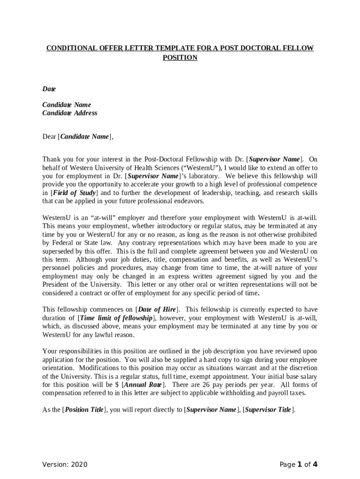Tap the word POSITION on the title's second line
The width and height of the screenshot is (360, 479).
pos(180,58)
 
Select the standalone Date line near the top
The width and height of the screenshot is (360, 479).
pos(49,89)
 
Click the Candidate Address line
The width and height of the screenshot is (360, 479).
pos(70,113)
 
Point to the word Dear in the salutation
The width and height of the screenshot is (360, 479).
pos(49,137)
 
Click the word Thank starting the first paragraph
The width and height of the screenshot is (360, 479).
pos(52,159)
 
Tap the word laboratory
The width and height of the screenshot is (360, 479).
pos(201,176)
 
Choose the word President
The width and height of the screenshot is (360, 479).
pos(57,284)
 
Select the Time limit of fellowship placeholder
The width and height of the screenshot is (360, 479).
pos(114,318)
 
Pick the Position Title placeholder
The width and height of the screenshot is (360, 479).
pos(84,410)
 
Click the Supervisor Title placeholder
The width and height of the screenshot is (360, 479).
pos(268,410)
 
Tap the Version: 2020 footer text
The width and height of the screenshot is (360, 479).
pos(65,464)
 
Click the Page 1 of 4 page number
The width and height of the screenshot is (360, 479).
pos(298,464)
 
